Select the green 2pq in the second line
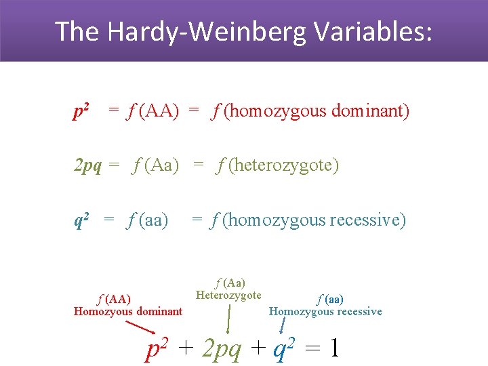(x=87, y=165)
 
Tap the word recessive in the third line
(x=367, y=220)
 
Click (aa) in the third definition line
(x=152, y=220)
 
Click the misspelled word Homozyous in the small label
(x=103, y=311)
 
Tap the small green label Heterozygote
(x=228, y=295)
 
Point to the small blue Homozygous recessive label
(x=325, y=311)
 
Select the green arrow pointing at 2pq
(x=228, y=319)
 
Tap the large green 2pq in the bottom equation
(x=222, y=349)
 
